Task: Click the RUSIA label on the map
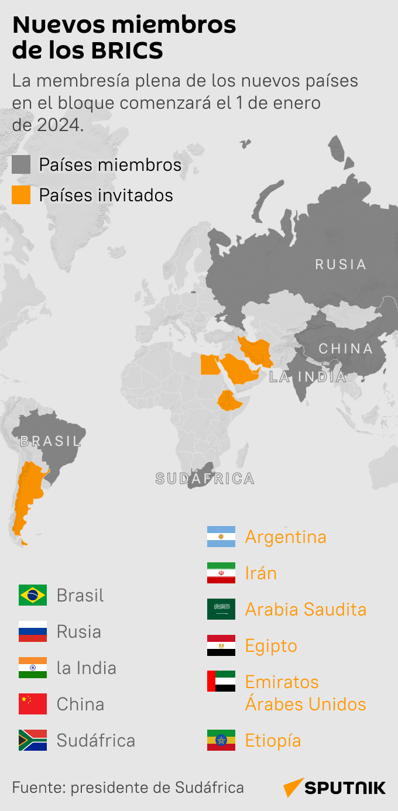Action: [341, 264]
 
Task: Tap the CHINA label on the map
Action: [345, 349]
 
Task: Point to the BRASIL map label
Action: [50, 441]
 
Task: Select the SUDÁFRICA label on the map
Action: [205, 479]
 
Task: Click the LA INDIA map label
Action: [308, 377]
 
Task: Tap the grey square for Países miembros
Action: [21, 165]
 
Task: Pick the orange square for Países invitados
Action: [21, 195]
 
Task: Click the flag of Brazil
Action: [33, 595]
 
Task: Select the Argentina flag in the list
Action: [221, 537]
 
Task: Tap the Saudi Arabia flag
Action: [221, 609]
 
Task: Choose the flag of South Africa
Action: [33, 740]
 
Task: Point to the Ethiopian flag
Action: [221, 740]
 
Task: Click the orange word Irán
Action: [261, 573]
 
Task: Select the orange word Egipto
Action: [271, 645]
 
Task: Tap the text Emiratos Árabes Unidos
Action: [306, 693]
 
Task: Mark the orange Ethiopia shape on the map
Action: [231, 401]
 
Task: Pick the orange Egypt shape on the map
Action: [209, 365]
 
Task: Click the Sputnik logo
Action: [335, 788]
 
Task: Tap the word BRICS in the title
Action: [126, 51]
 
